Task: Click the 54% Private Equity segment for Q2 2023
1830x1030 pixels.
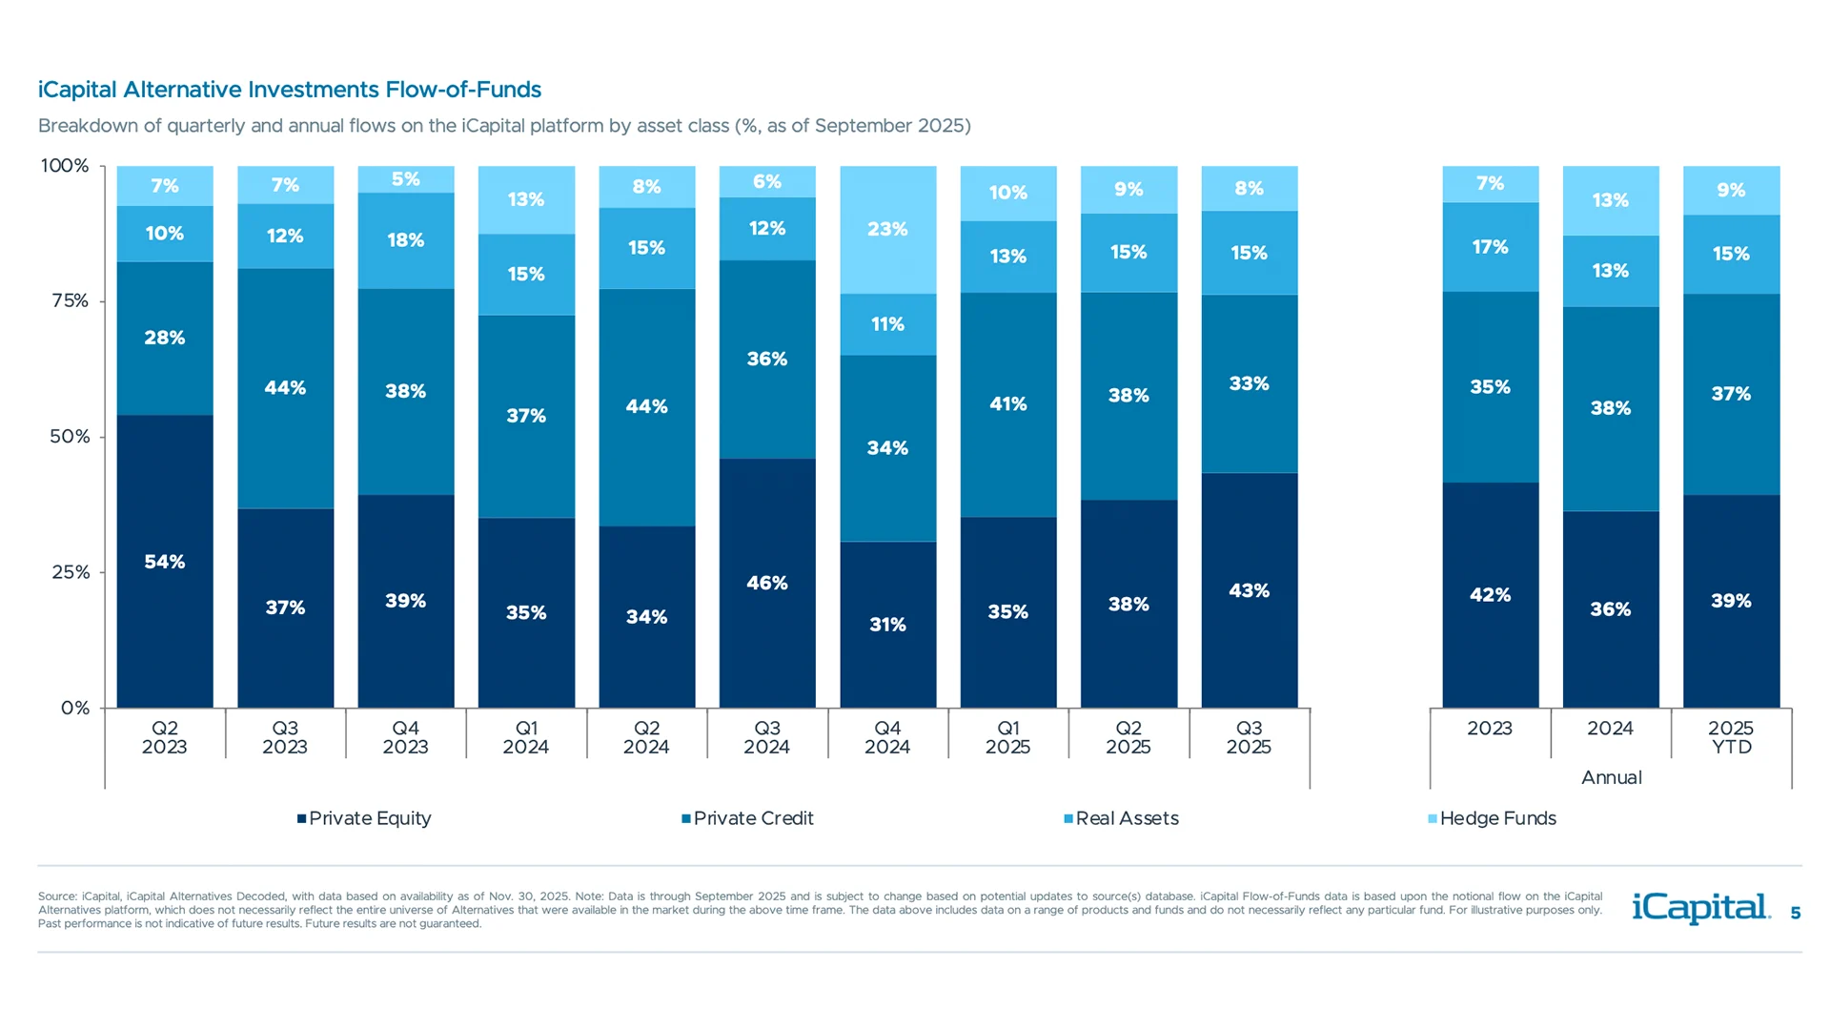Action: coord(165,562)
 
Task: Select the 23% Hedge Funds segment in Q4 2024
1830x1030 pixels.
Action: coord(887,230)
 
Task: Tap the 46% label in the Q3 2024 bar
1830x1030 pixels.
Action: coord(767,583)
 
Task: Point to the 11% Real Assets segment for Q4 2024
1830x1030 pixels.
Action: coord(887,324)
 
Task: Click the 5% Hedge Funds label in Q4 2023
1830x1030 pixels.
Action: coord(406,179)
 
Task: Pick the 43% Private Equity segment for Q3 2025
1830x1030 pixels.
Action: coord(1249,590)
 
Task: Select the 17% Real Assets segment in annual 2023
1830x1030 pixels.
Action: coord(1490,247)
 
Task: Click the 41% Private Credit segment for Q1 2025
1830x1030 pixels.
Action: coord(1007,404)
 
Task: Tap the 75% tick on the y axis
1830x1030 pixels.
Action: coord(70,301)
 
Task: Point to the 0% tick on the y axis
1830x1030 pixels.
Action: coord(75,708)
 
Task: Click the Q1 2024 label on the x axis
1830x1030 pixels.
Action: coord(526,737)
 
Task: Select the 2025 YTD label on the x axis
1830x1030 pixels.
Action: coord(1731,737)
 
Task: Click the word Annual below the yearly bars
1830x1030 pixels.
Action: coord(1611,777)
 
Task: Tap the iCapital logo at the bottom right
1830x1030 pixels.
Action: coord(1700,908)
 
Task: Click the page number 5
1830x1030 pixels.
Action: coord(1796,914)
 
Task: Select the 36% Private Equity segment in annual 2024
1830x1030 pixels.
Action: coord(1611,608)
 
